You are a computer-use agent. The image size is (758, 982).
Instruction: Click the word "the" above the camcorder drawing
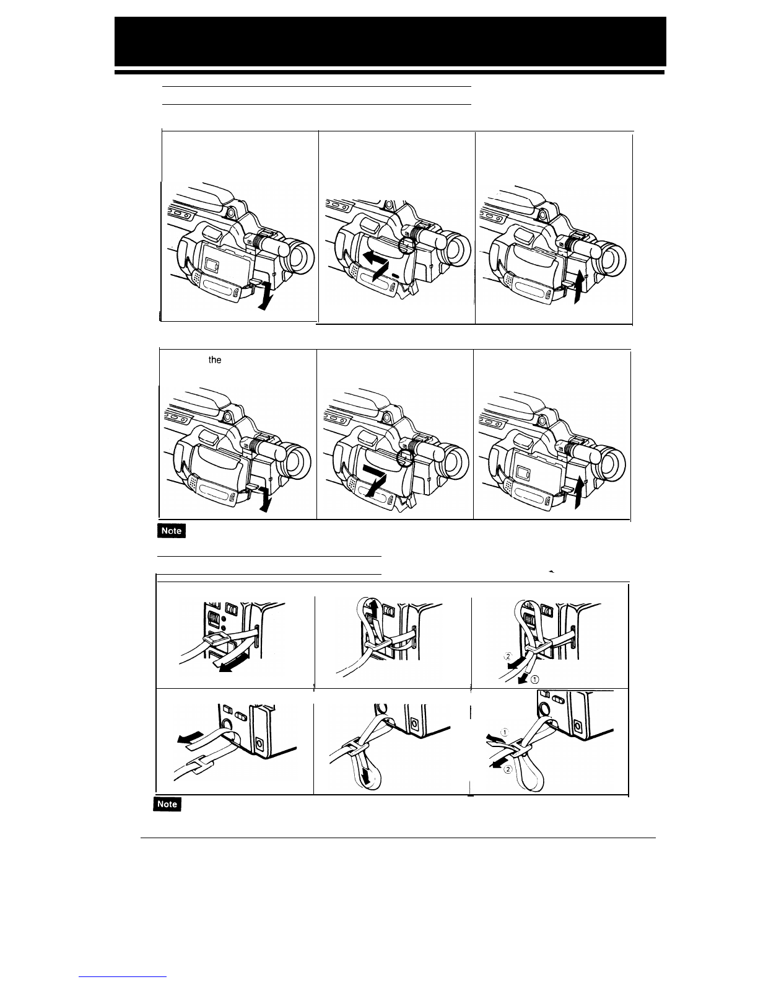215,360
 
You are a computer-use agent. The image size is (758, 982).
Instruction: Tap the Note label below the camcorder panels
172,531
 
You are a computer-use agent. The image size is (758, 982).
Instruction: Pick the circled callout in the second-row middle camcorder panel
405,459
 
